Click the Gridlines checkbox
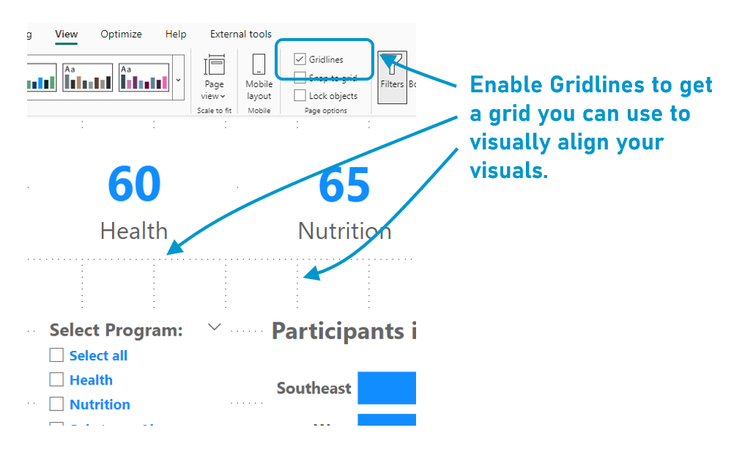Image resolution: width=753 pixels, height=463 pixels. point(300,59)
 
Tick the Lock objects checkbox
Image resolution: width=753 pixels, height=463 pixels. point(300,96)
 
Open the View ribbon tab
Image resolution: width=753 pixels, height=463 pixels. point(66,34)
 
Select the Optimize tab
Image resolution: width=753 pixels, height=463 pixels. point(121,34)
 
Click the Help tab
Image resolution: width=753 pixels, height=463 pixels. point(176,34)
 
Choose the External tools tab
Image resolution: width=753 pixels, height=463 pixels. point(240,34)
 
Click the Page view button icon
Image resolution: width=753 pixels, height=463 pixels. point(215,66)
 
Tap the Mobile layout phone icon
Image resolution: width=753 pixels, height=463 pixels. point(259,64)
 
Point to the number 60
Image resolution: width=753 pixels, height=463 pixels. point(134,185)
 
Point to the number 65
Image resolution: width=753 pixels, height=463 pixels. point(344,185)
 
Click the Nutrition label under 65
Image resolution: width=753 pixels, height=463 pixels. point(344,231)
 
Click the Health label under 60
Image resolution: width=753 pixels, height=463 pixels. point(134,231)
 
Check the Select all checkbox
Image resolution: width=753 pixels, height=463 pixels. point(56,355)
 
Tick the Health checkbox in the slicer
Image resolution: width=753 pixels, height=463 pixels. point(56,379)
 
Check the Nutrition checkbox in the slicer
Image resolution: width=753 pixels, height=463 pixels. point(56,404)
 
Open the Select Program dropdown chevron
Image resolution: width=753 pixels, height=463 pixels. point(214,327)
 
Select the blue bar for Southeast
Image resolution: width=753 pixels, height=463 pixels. point(386,388)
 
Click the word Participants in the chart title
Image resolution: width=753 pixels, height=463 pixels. point(338,331)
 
